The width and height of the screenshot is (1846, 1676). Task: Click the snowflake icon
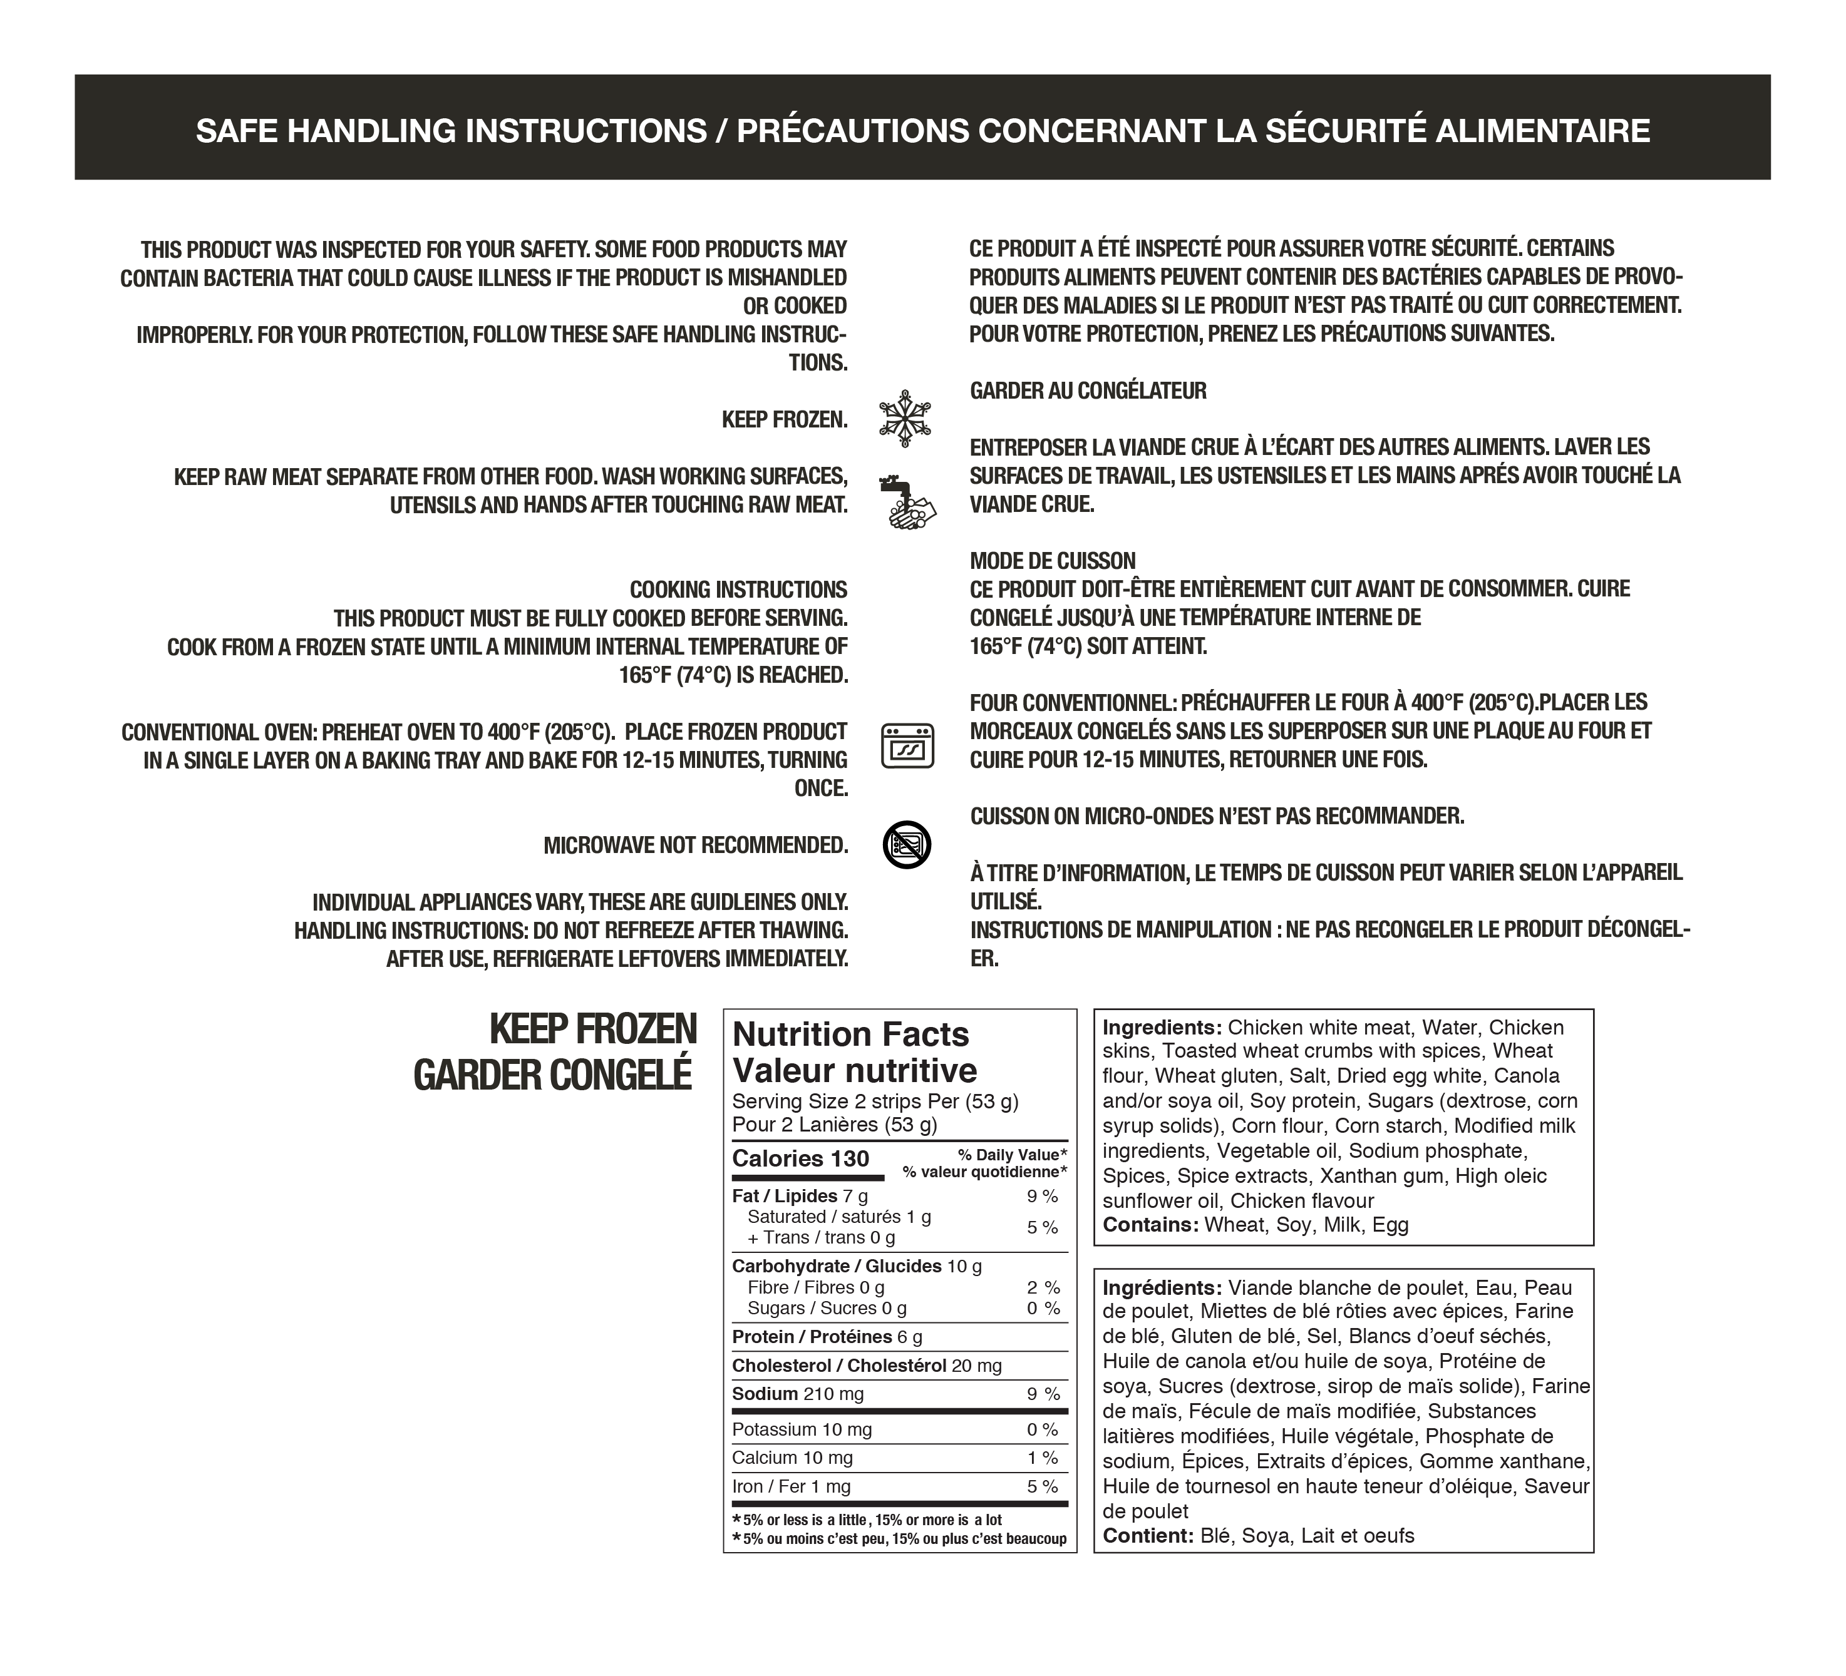tap(905, 418)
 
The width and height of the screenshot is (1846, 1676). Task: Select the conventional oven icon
tap(907, 745)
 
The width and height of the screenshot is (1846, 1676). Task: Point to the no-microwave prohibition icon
tap(907, 844)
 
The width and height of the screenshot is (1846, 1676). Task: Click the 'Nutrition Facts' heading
tap(850, 1035)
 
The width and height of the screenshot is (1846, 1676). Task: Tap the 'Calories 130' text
tap(800, 1159)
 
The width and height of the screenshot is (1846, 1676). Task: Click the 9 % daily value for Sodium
tap(1042, 1394)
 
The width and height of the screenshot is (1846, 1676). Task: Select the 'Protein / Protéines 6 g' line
tap(827, 1337)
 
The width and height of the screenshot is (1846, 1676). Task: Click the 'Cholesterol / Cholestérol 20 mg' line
tap(866, 1366)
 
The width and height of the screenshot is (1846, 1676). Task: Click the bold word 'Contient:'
tap(1148, 1536)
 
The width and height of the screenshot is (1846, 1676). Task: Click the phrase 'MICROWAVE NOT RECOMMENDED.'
tap(696, 845)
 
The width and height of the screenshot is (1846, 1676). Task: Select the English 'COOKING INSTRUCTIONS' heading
tap(738, 590)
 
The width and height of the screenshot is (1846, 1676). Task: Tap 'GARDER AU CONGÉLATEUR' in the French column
tap(1088, 391)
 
